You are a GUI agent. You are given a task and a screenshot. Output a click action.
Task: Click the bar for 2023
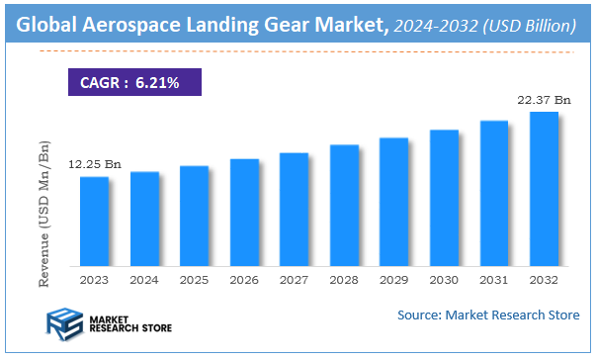[94, 222]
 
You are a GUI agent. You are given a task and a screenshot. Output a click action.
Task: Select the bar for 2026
[244, 213]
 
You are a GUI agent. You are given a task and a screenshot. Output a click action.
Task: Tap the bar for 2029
[394, 202]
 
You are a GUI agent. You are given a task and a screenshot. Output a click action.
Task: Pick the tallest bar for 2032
[544, 189]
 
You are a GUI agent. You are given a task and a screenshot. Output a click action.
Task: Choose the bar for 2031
[494, 194]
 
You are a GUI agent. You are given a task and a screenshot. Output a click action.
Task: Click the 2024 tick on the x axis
[144, 280]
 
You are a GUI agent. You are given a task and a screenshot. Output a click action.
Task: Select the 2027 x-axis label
[295, 280]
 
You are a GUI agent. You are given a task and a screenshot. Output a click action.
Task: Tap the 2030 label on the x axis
[444, 280]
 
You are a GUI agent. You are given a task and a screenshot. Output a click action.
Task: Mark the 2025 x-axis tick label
[194, 280]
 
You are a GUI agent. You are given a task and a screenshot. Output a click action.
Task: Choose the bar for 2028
[344, 206]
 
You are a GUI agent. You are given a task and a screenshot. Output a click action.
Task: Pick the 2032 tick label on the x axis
[544, 280]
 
